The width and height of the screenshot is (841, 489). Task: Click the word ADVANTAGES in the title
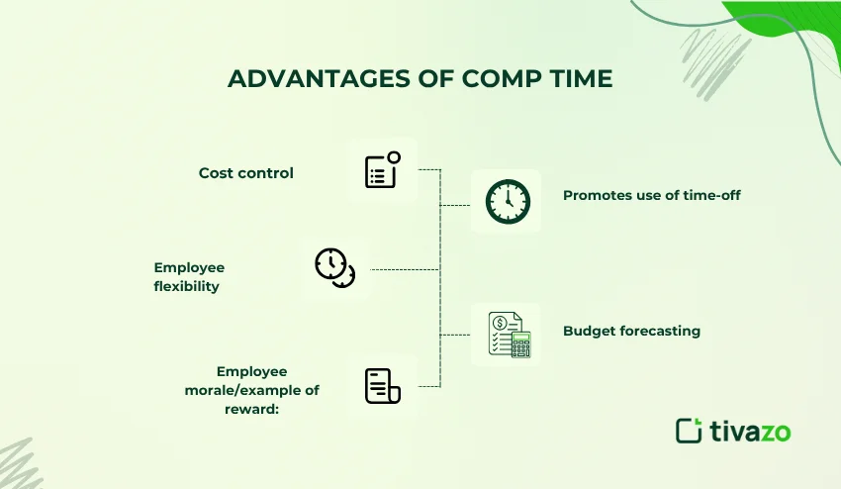[x=319, y=78]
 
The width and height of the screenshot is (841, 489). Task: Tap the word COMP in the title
[x=502, y=78]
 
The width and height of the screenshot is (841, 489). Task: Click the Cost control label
[x=246, y=173]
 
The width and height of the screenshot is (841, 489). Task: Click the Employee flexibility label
[x=189, y=276]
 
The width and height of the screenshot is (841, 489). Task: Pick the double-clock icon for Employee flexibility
[x=335, y=267]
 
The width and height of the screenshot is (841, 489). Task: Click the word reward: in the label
[x=251, y=409]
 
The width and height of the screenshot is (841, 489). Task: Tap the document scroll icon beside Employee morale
[x=383, y=386]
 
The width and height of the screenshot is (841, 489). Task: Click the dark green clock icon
[x=508, y=202]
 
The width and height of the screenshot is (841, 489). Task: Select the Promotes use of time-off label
[x=652, y=195]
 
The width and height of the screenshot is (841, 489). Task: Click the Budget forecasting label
[x=632, y=331]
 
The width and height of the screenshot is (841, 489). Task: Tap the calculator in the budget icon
[x=520, y=344]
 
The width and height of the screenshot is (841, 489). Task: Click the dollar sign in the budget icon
[x=501, y=323]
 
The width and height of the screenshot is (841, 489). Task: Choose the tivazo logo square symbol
[x=689, y=431]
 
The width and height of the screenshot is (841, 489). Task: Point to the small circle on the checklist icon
[x=394, y=157]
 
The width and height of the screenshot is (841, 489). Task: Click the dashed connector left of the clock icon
[x=455, y=205]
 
